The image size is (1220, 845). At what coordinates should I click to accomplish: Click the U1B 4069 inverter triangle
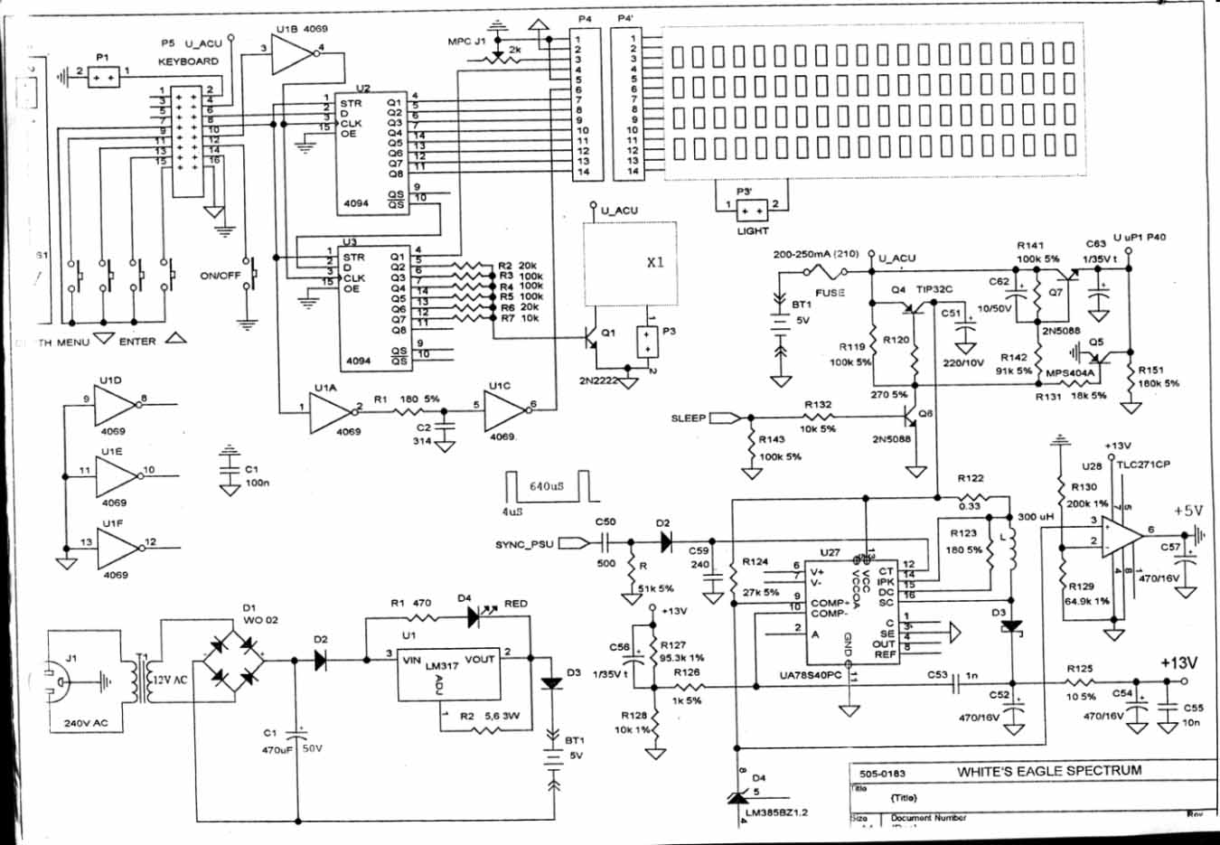291,56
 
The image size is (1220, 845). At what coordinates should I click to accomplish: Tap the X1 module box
631,263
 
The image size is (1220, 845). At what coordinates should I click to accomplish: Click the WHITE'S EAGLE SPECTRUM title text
1049,771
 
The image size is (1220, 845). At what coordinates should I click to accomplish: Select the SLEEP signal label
689,418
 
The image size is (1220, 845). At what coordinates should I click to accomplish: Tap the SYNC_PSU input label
524,545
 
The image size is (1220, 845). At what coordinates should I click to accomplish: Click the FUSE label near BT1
830,292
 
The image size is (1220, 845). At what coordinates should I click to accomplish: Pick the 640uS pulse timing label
547,486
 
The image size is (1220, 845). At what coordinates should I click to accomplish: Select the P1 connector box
102,77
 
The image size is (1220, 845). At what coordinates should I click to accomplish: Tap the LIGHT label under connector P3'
752,231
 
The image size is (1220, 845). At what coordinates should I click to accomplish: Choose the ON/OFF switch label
220,276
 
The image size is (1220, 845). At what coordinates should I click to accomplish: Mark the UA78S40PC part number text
811,675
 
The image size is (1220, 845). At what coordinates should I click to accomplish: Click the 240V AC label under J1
86,723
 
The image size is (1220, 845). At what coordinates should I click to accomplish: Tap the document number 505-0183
882,774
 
